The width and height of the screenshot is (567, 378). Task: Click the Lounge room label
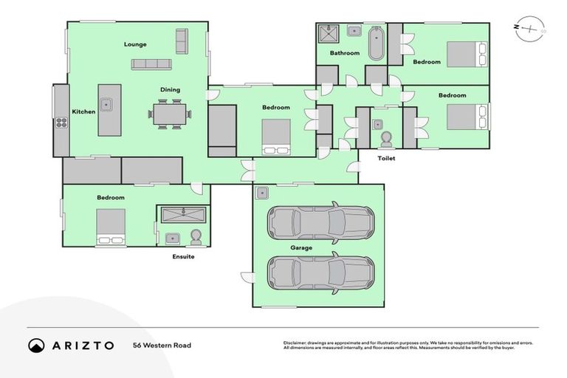[x=135, y=44]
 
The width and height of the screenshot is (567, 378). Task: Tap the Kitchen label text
[x=83, y=111]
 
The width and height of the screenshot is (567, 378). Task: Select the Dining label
[x=171, y=90]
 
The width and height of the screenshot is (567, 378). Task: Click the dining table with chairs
[x=171, y=114]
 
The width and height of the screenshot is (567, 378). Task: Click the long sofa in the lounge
[x=157, y=64]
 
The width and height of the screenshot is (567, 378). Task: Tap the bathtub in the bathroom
[x=376, y=43]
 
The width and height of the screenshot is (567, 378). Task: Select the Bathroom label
[x=345, y=53]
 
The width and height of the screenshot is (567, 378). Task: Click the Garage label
[x=300, y=248]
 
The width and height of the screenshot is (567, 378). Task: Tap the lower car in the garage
[x=320, y=272]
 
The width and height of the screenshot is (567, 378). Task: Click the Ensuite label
[x=183, y=257]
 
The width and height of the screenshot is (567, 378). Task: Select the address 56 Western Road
[x=162, y=345]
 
